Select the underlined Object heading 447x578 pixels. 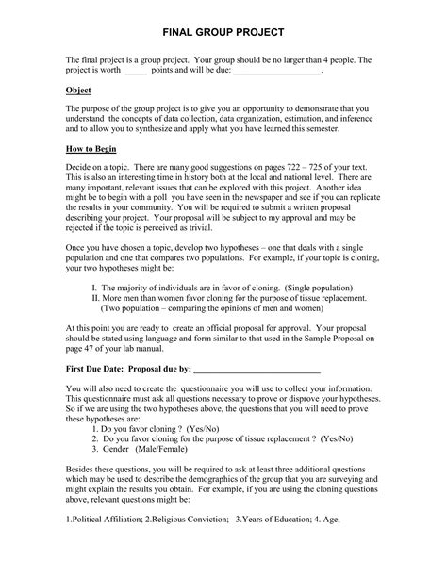click(79, 90)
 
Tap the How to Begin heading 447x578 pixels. click(97, 149)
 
